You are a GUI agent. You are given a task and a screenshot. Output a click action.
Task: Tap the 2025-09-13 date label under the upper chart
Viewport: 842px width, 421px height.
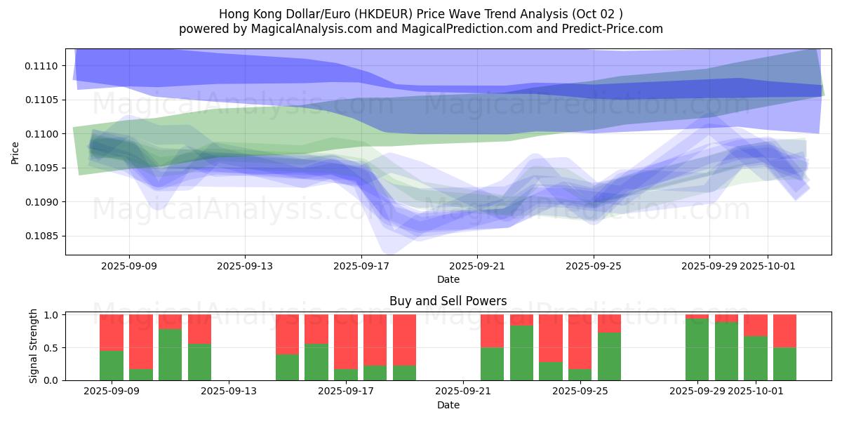click(245, 266)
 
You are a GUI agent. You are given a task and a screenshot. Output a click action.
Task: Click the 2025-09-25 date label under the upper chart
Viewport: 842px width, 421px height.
click(594, 266)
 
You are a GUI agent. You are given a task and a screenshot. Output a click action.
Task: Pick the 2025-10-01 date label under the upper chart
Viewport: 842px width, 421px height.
click(768, 266)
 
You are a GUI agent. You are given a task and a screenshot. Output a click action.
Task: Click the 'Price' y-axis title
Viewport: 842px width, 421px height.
click(15, 152)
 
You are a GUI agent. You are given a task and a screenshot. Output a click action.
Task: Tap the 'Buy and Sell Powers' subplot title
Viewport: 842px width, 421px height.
click(448, 301)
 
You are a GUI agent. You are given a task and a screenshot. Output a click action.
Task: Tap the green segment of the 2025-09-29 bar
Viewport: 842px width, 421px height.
click(697, 349)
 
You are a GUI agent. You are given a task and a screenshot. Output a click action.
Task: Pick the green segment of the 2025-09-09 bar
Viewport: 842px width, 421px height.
click(112, 366)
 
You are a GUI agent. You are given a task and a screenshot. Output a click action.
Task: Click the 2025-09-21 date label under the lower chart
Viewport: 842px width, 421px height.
click(463, 392)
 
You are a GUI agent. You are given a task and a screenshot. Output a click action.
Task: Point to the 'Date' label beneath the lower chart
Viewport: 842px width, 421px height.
click(448, 405)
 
